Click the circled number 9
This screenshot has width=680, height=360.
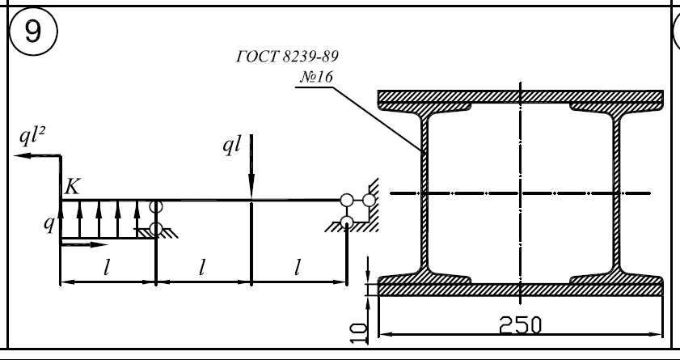click(33, 32)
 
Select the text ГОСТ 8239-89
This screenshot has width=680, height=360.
click(287, 57)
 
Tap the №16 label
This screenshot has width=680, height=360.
click(317, 77)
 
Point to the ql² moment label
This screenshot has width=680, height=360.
click(32, 136)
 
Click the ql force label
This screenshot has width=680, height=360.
click(231, 145)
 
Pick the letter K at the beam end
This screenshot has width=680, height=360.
click(73, 187)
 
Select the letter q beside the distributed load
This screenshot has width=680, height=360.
click(50, 223)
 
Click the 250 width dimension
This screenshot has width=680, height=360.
click(521, 325)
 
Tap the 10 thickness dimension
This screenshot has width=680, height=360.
click(359, 333)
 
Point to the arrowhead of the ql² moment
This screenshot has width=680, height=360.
click(23, 155)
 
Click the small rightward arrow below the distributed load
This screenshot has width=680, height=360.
click(84, 244)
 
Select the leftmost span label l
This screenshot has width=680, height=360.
click(107, 268)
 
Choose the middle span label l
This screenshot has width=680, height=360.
click(201, 268)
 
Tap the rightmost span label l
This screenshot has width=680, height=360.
click(297, 268)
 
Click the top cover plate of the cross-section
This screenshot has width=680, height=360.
click(521, 96)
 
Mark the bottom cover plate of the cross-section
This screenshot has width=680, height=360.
click(521, 290)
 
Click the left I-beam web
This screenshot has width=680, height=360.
click(424, 193)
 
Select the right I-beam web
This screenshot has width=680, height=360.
click(617, 193)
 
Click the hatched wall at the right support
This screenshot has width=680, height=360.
click(373, 204)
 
